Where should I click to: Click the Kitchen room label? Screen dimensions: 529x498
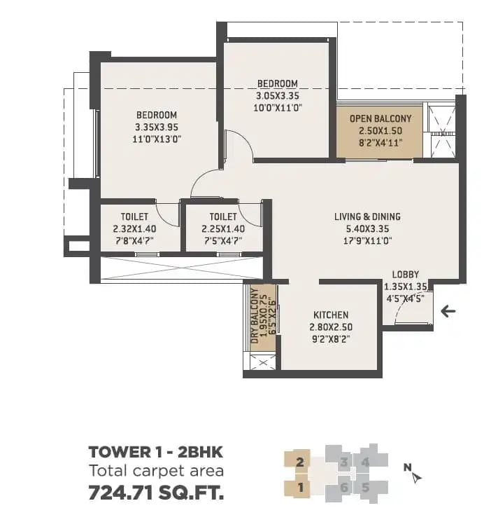(x=331, y=315)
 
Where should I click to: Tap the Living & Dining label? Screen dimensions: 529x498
(x=367, y=217)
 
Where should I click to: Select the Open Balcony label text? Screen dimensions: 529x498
(x=380, y=118)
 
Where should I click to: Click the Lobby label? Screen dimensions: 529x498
(x=406, y=275)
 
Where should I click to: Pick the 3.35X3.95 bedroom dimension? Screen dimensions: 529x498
(x=156, y=128)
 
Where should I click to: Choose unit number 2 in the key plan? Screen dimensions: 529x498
(x=299, y=462)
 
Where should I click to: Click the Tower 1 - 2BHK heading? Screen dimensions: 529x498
(x=155, y=452)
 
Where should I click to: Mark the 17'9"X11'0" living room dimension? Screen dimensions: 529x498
(x=367, y=240)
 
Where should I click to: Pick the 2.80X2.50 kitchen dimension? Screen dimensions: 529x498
(x=331, y=327)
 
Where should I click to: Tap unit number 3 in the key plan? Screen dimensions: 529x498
(x=343, y=462)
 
